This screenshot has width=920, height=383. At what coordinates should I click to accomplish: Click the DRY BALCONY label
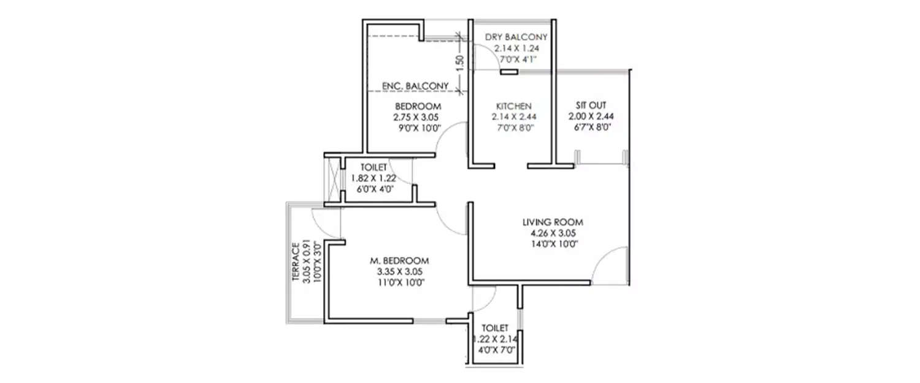tap(516, 37)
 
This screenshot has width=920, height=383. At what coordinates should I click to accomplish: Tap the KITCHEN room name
tap(513, 105)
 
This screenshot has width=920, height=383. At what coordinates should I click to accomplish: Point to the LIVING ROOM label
tap(553, 222)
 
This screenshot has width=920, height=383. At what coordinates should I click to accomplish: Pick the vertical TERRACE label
tap(296, 263)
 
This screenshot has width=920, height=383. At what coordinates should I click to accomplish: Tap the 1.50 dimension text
tap(461, 61)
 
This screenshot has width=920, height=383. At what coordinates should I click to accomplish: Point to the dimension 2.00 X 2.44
tap(590, 116)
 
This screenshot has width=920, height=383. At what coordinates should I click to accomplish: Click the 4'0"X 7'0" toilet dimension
tap(494, 351)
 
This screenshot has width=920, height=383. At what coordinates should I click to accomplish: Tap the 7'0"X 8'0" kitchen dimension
tap(513, 127)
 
